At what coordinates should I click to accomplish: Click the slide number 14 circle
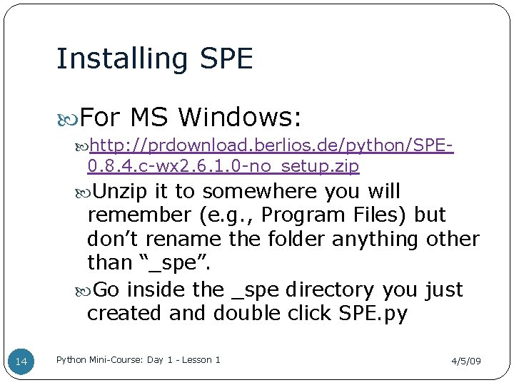point(21,362)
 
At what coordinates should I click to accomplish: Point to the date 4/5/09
point(465,361)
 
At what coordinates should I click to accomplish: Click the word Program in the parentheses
point(281,215)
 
